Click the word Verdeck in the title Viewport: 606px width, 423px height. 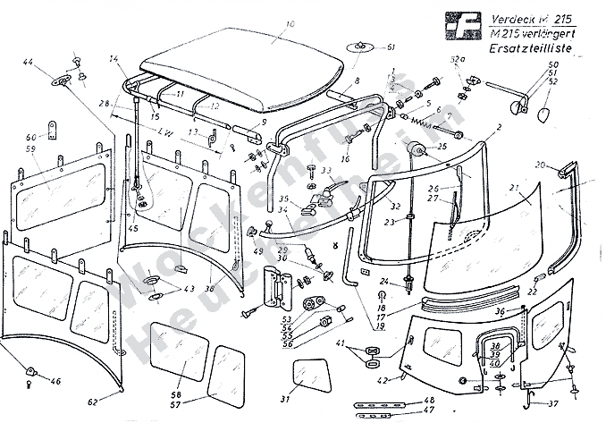coord(512,18)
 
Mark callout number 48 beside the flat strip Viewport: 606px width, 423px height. coord(429,400)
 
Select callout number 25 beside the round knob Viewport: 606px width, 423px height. coord(442,146)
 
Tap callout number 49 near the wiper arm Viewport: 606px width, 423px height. coord(257,252)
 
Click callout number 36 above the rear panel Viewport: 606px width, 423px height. coord(500,310)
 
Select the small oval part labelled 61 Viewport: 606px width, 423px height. coord(359,46)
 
